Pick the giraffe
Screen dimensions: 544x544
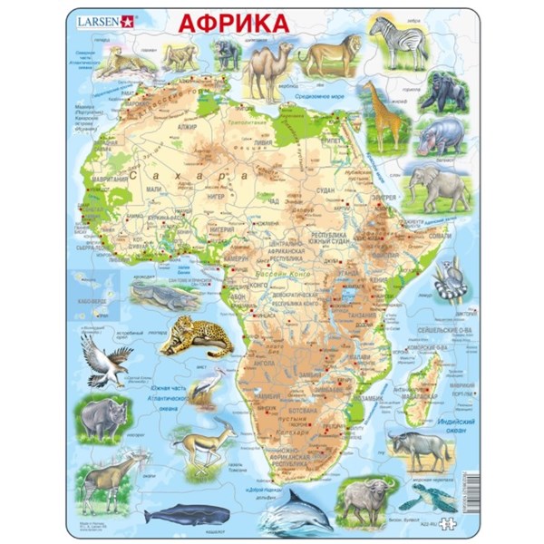click(378, 113)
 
